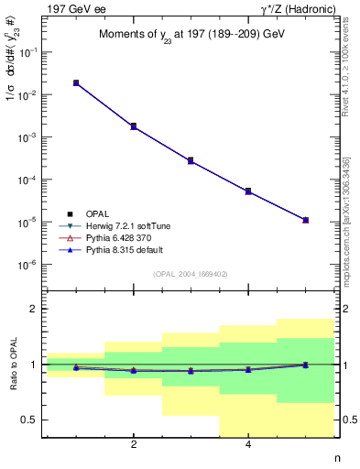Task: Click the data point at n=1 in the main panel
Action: pos(76,83)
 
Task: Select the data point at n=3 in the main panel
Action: pos(191,160)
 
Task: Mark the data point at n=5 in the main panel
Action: pos(305,220)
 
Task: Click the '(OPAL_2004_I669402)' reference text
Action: pos(189,273)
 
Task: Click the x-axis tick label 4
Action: pos(248,446)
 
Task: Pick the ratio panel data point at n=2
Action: pos(134,370)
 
